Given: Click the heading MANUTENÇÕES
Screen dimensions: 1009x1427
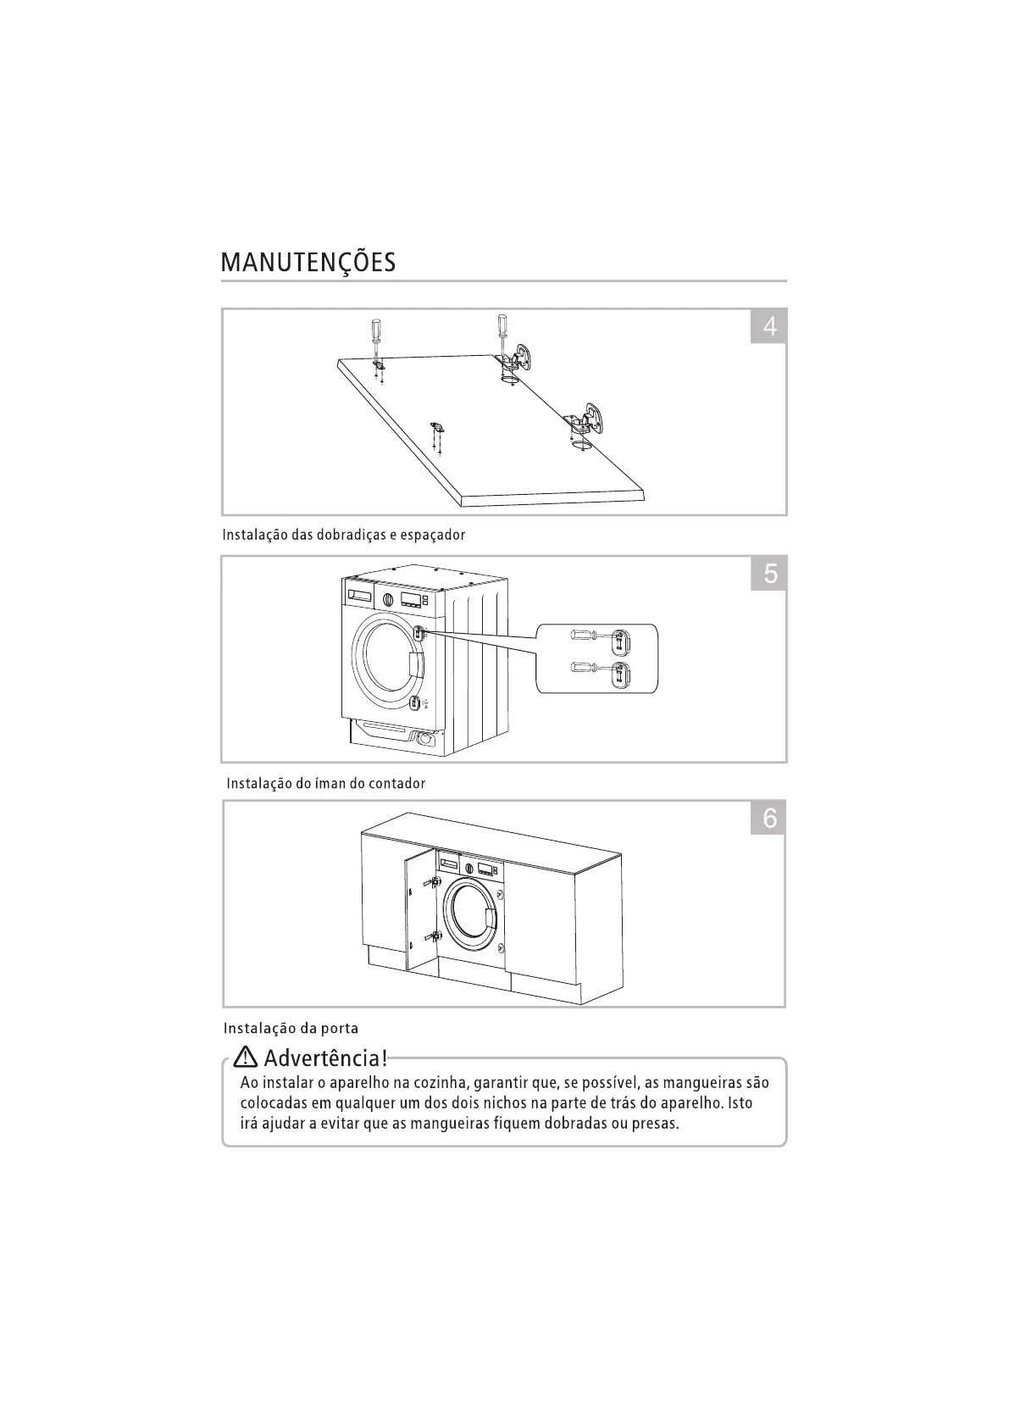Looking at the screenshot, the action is tap(308, 262).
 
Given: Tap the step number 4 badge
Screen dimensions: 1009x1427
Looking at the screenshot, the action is tap(769, 326).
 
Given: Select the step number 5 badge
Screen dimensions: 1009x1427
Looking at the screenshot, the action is tap(769, 574).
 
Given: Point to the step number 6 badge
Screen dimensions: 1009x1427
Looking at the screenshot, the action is tap(769, 818).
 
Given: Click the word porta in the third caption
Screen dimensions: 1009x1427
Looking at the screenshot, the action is tap(339, 1029).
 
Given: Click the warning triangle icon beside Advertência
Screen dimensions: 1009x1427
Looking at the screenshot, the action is tap(246, 1058).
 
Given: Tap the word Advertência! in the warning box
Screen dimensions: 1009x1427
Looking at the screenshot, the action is tap(325, 1058).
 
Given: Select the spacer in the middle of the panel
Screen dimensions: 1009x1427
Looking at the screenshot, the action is tap(437, 425).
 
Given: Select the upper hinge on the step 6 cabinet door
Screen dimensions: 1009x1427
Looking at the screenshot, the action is tap(434, 882).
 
